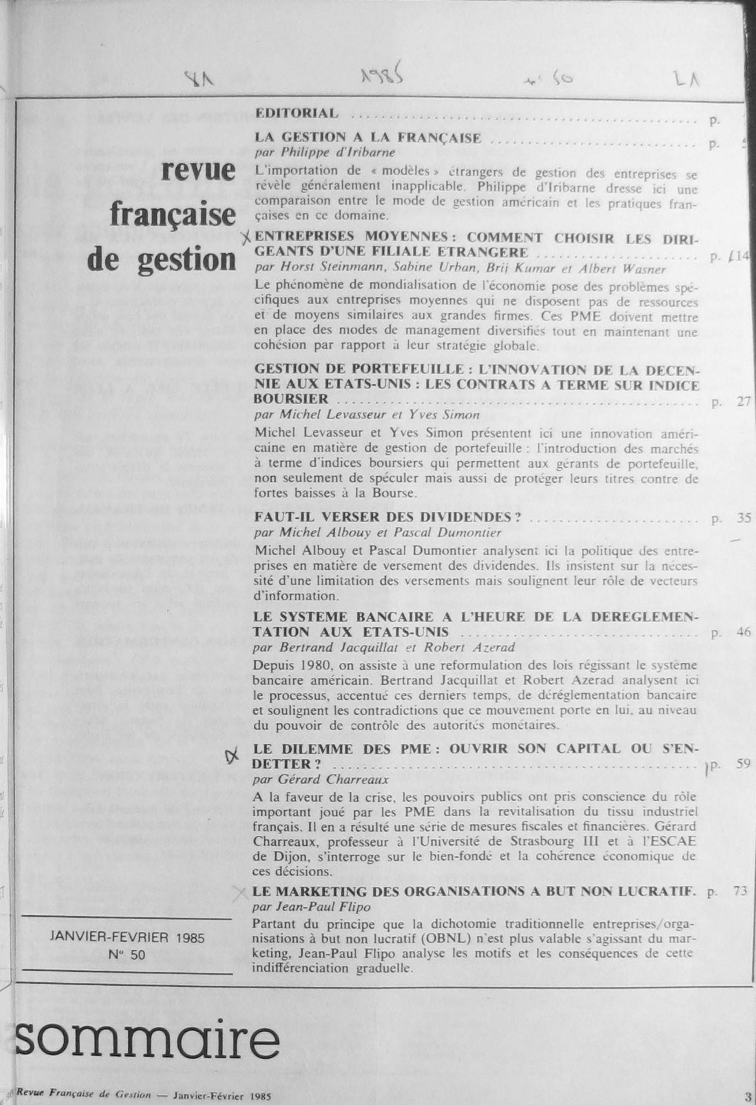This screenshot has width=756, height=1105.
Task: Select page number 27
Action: tap(744, 403)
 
